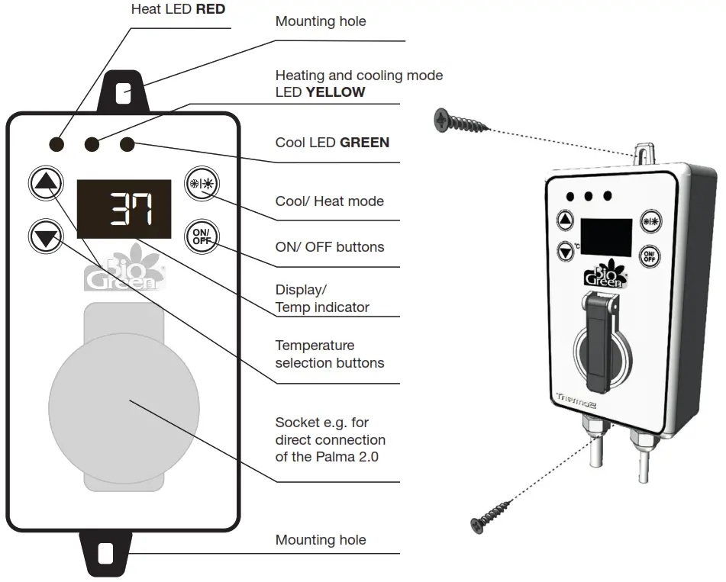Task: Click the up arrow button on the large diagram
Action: [x=47, y=183]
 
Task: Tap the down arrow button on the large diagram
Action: [x=47, y=237]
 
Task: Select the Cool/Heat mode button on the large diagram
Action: [x=202, y=183]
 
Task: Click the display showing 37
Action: [x=124, y=208]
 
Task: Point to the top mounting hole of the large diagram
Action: [x=123, y=94]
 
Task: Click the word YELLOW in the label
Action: [x=335, y=92]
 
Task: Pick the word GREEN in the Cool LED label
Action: [x=364, y=143]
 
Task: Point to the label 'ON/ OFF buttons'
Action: [x=330, y=247]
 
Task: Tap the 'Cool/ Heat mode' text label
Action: [x=330, y=201]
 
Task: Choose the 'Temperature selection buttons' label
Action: [x=330, y=354]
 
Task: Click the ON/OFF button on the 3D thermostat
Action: [x=649, y=256]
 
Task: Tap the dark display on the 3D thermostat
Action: [x=606, y=237]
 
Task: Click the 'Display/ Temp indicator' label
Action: [x=322, y=299]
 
